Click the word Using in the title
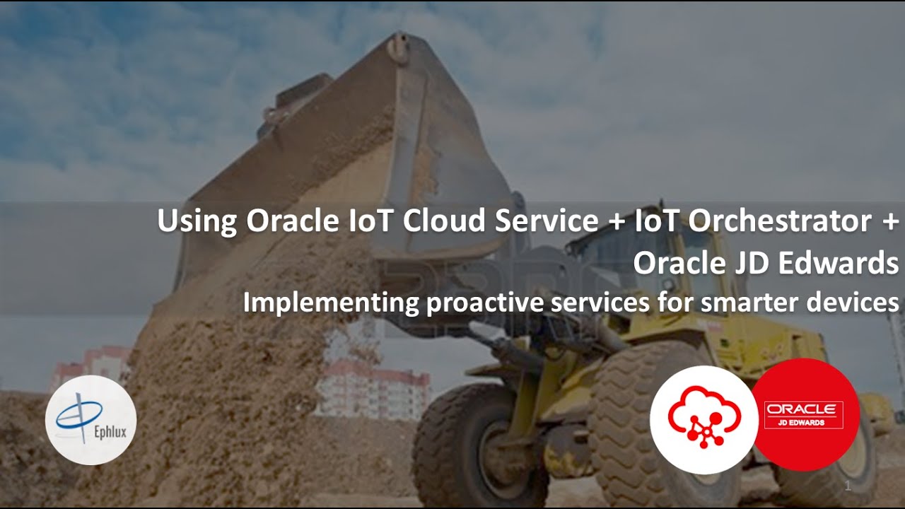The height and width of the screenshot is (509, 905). (x=197, y=221)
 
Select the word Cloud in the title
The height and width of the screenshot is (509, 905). (x=445, y=221)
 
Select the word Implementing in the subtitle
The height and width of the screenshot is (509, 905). (x=332, y=303)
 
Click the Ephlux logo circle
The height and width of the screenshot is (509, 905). (x=90, y=420)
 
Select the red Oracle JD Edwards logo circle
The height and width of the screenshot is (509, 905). (x=804, y=414)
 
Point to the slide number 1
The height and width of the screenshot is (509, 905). (x=848, y=487)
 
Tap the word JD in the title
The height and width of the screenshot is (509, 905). (x=739, y=263)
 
